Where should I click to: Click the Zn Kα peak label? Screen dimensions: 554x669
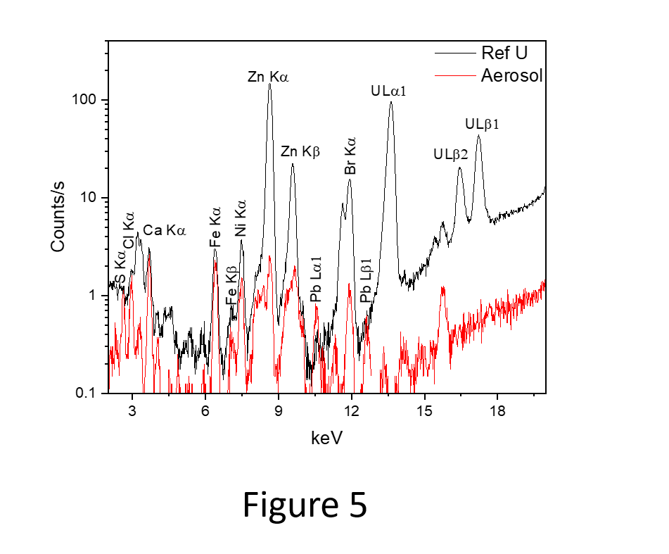tap(268, 76)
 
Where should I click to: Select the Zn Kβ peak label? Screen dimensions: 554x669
tap(300, 151)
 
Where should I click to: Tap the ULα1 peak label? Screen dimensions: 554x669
tap(389, 91)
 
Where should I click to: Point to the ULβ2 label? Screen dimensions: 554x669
tap(451, 154)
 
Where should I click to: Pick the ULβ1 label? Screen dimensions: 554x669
tap(483, 125)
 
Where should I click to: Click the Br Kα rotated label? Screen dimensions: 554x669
tap(350, 156)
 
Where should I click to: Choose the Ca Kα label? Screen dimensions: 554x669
tap(165, 230)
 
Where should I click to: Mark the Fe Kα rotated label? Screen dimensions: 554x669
tap(215, 226)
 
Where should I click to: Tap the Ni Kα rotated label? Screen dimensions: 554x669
tap(241, 218)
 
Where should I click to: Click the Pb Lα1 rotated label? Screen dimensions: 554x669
tap(317, 279)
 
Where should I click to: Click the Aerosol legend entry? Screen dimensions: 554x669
tap(511, 75)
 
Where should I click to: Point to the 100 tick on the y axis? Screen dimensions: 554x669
tap(87, 101)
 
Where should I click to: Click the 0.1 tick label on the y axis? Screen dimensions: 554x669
tap(86, 393)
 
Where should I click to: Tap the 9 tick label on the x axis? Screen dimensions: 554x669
tap(279, 411)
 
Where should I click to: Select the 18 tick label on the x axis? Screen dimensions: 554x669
tap(497, 411)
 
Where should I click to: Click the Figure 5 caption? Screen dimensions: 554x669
tap(305, 504)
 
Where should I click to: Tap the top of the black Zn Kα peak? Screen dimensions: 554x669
tap(269, 84)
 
